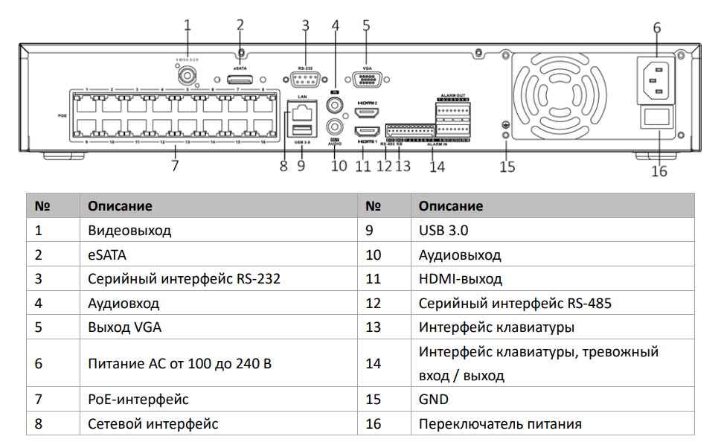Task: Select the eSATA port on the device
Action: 240,80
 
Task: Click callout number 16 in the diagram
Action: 659,171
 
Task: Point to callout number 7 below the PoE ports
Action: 175,166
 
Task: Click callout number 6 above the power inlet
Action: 657,28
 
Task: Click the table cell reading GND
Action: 434,400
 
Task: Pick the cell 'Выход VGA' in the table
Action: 124,327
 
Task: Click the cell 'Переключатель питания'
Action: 500,424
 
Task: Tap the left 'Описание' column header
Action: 120,206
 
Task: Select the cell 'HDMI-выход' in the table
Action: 460,279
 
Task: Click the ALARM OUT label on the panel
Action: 453,96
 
